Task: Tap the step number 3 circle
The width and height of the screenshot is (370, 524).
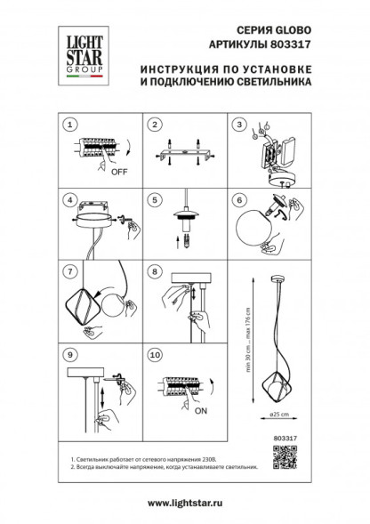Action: pos(238,125)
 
